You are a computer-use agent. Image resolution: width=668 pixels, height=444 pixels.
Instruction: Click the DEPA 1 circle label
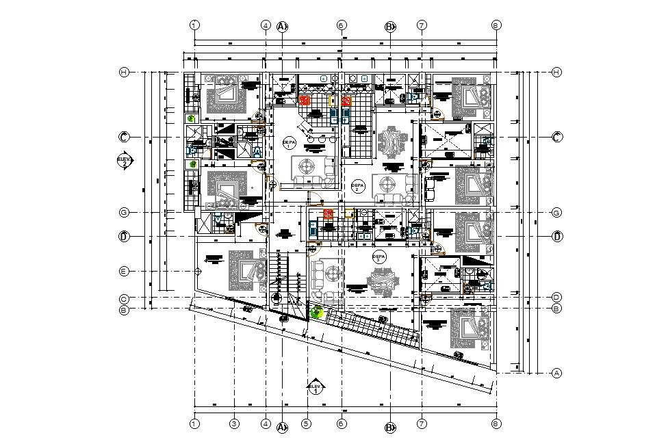[290, 142]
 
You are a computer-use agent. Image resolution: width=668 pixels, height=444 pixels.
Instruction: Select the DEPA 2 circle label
[357, 186]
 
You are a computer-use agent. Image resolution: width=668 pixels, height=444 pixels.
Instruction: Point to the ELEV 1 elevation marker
[316, 388]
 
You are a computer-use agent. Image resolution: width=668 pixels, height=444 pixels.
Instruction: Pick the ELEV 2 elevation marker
[123, 161]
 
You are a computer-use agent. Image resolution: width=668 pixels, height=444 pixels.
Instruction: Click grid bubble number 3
[234, 424]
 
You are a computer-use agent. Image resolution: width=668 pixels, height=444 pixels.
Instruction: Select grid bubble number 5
[307, 424]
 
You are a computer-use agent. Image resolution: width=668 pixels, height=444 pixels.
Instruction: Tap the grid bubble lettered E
[124, 272]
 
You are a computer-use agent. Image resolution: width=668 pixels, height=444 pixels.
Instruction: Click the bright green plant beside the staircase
[316, 313]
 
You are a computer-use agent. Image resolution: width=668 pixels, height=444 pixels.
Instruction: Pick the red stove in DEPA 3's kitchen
[328, 213]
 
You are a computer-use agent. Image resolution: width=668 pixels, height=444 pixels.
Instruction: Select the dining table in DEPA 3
[381, 281]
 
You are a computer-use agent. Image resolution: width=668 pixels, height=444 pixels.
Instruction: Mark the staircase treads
[279, 269]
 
